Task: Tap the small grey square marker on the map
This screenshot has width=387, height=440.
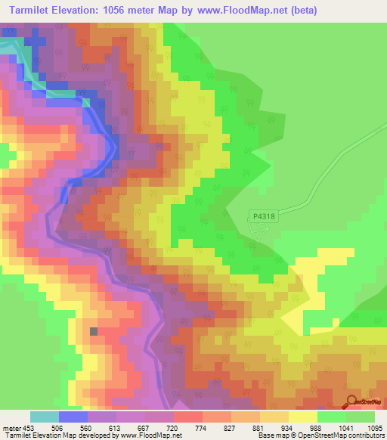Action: pos(94,331)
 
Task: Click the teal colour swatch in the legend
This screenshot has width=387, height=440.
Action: pos(45,417)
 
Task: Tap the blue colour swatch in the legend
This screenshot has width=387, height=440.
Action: pos(73,417)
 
